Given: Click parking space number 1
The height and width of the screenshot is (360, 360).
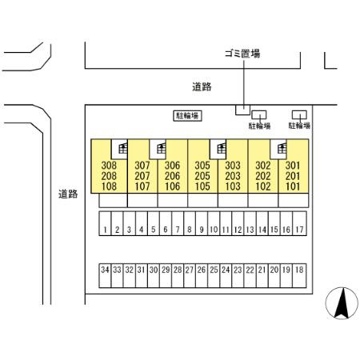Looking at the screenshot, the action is click(105, 223).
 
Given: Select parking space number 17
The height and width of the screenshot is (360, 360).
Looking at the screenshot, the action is click(300, 223).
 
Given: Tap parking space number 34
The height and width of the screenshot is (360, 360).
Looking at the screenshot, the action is click(105, 276).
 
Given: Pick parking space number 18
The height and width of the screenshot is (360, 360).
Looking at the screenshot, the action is click(299, 276).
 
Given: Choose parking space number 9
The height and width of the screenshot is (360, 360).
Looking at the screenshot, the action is click(202, 223).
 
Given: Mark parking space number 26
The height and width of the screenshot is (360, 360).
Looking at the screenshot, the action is click(202, 276).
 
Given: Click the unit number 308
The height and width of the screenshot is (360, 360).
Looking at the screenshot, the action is click(109, 166).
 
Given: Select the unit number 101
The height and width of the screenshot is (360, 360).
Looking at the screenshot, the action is click(293, 186).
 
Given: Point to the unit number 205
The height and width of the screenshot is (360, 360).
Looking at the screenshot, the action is click(202, 176).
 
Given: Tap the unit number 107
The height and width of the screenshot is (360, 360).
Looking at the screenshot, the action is click(142, 186).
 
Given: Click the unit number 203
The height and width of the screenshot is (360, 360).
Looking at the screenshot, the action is click(233, 176).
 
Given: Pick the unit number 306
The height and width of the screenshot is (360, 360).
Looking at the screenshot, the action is click(172, 166).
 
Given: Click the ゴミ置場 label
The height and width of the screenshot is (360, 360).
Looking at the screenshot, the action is click(242, 54).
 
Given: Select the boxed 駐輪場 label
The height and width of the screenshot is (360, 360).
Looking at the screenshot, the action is click(187, 116).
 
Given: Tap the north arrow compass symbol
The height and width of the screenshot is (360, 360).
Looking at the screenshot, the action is click(342, 303).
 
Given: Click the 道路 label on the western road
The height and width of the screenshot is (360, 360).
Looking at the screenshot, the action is click(68, 194).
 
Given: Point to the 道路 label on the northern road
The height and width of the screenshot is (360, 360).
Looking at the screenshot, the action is click(202, 87).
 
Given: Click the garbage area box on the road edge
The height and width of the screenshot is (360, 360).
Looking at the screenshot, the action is click(242, 110).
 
